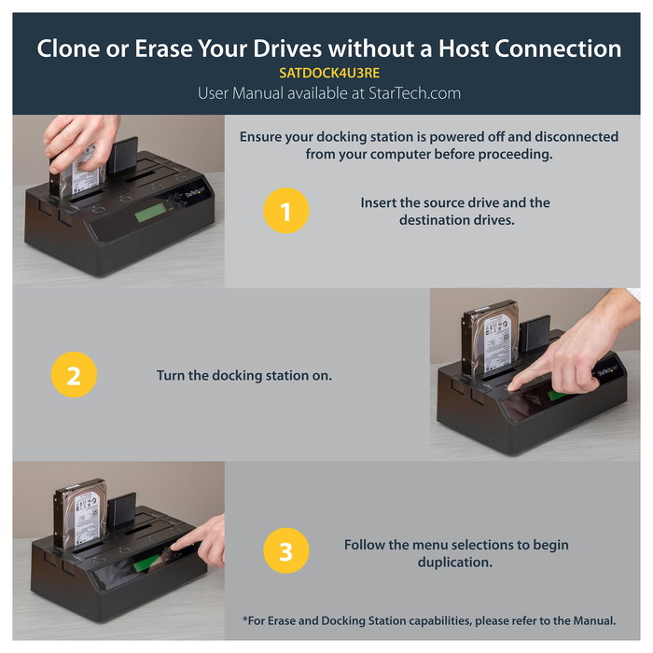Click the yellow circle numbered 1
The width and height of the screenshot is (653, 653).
[x=286, y=210]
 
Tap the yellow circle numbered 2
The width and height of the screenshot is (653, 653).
[x=74, y=374]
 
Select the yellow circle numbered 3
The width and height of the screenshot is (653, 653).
[x=286, y=550]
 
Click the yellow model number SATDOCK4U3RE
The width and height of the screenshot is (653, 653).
[x=329, y=74]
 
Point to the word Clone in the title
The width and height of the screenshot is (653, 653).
[x=68, y=49]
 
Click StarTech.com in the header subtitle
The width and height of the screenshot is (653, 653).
[x=414, y=93]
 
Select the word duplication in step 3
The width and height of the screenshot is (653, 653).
[x=455, y=563]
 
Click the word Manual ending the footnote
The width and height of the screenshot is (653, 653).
[x=594, y=620]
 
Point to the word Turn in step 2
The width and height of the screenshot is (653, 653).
[x=171, y=375]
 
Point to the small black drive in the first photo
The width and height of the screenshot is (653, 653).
[x=122, y=156]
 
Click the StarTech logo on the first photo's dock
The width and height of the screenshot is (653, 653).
[x=195, y=192]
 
